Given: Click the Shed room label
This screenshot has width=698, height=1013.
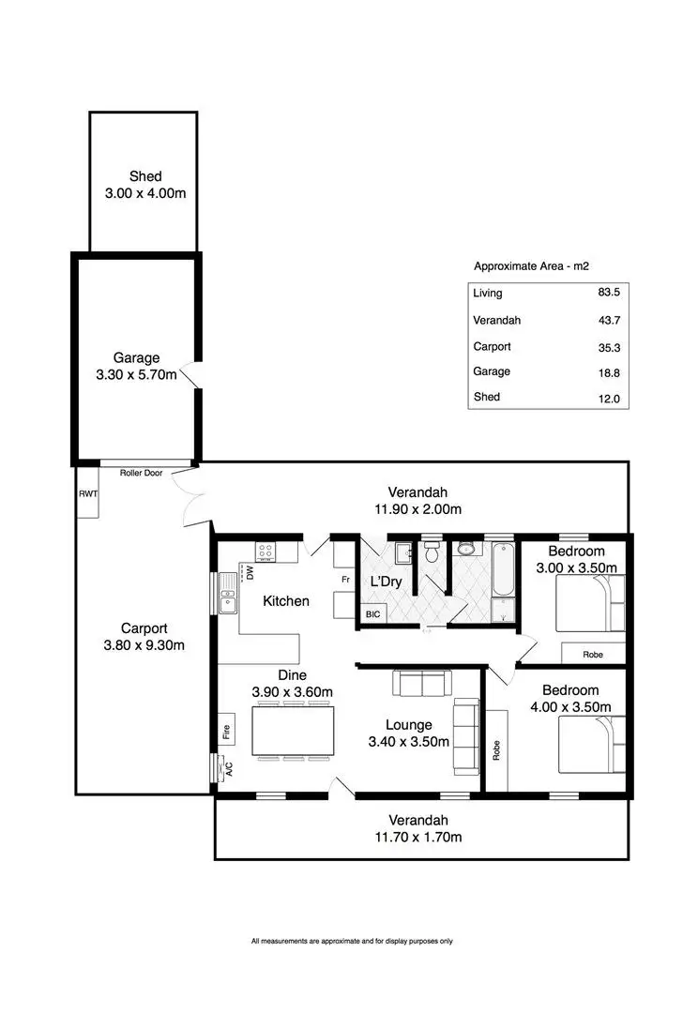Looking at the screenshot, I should click(144, 176).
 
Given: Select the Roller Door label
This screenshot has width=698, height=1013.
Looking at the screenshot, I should click(141, 473).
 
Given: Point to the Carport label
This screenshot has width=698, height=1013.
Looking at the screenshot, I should click(144, 628).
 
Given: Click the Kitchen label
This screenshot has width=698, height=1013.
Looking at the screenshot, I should click(285, 600).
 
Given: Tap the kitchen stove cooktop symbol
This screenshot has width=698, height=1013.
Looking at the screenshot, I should click(266, 552).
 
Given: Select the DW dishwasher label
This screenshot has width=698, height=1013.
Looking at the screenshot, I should click(250, 573).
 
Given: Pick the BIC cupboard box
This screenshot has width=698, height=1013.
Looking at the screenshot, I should click(372, 615).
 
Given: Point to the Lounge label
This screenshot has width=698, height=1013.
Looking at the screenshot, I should click(408, 725).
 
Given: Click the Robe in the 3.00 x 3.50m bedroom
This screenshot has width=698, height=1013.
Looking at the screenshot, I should click(592, 654).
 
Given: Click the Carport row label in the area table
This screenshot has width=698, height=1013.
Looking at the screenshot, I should click(492, 346).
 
